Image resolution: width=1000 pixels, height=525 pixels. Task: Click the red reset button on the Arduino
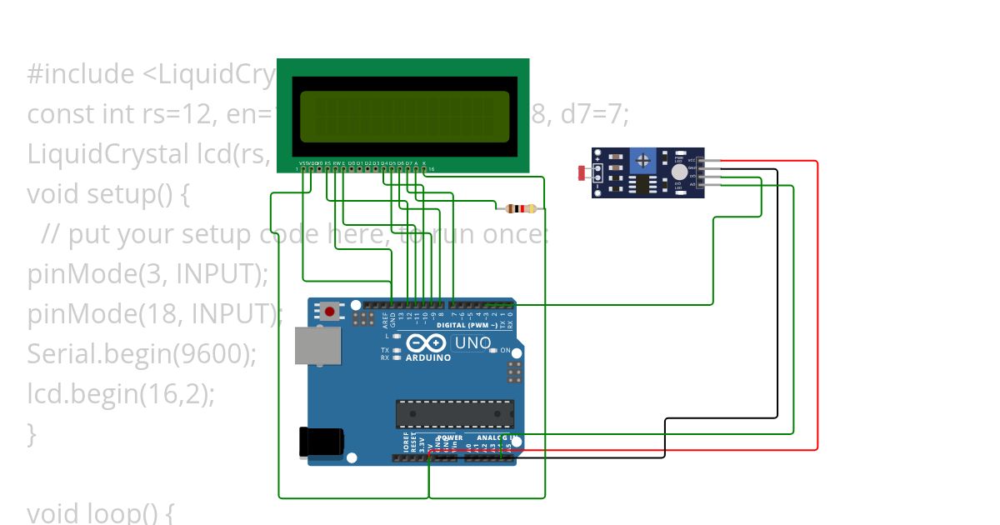pos(330,312)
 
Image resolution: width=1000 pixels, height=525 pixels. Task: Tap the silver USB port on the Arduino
pos(317,346)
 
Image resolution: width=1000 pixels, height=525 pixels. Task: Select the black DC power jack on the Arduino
pos(321,442)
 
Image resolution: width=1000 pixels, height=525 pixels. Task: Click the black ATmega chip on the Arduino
pos(454,413)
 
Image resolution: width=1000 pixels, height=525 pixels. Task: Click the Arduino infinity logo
pos(427,343)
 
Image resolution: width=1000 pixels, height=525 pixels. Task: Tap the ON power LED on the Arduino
pos(494,351)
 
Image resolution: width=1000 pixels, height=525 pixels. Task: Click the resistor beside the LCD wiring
pos(520,208)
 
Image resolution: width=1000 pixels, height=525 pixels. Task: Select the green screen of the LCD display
pos(404,115)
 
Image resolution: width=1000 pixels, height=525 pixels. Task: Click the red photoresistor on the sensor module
pos(582,173)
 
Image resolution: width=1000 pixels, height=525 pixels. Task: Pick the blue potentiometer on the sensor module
pos(642,159)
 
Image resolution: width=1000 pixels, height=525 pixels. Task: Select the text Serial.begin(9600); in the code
pos(142,354)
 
